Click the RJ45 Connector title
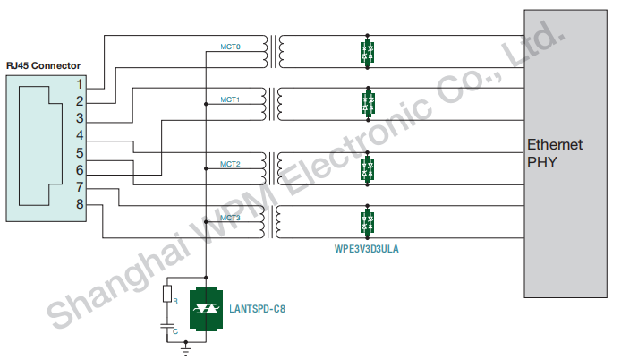pos(43,65)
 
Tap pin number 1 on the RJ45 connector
pos(80,83)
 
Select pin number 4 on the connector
pos(80,135)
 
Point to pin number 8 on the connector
pos(80,205)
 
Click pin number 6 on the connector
pos(80,170)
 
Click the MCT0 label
pos(230,45)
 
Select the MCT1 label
pos(230,99)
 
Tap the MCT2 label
pos(230,164)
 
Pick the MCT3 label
pos(230,218)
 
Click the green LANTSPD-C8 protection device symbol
pos(208,308)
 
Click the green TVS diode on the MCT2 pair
pos(366,168)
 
